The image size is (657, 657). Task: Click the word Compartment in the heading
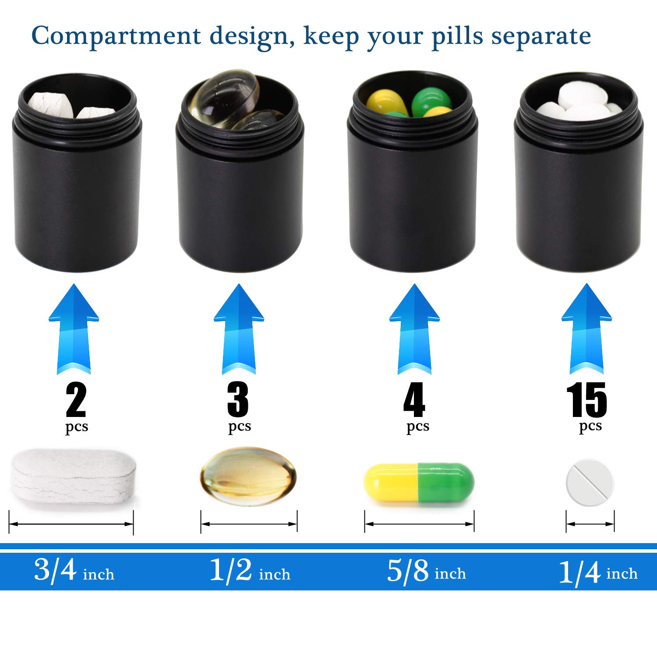pyautogui.click(x=116, y=36)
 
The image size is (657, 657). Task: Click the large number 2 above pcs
pyautogui.click(x=76, y=399)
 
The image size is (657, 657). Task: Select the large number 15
pyautogui.click(x=586, y=400)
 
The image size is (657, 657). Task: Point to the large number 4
pyautogui.click(x=414, y=399)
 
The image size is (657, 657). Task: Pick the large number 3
pyautogui.click(x=238, y=399)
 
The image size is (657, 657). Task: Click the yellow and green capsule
pyautogui.click(x=419, y=482)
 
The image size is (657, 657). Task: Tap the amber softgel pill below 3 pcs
pyautogui.click(x=248, y=476)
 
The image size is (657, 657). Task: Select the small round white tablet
pyautogui.click(x=590, y=482)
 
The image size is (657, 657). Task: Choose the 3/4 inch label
pyautogui.click(x=74, y=571)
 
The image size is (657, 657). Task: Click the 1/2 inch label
pyautogui.click(x=250, y=571)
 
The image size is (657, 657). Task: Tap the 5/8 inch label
pyautogui.click(x=426, y=571)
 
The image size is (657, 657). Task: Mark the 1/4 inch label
pyautogui.click(x=598, y=572)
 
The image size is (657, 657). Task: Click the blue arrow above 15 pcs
pyautogui.click(x=586, y=328)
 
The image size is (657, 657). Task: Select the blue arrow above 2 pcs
pyautogui.click(x=74, y=328)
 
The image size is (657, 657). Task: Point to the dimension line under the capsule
pyautogui.click(x=419, y=524)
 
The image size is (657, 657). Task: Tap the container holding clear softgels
pyautogui.click(x=240, y=184)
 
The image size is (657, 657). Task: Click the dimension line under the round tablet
pyautogui.click(x=590, y=523)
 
